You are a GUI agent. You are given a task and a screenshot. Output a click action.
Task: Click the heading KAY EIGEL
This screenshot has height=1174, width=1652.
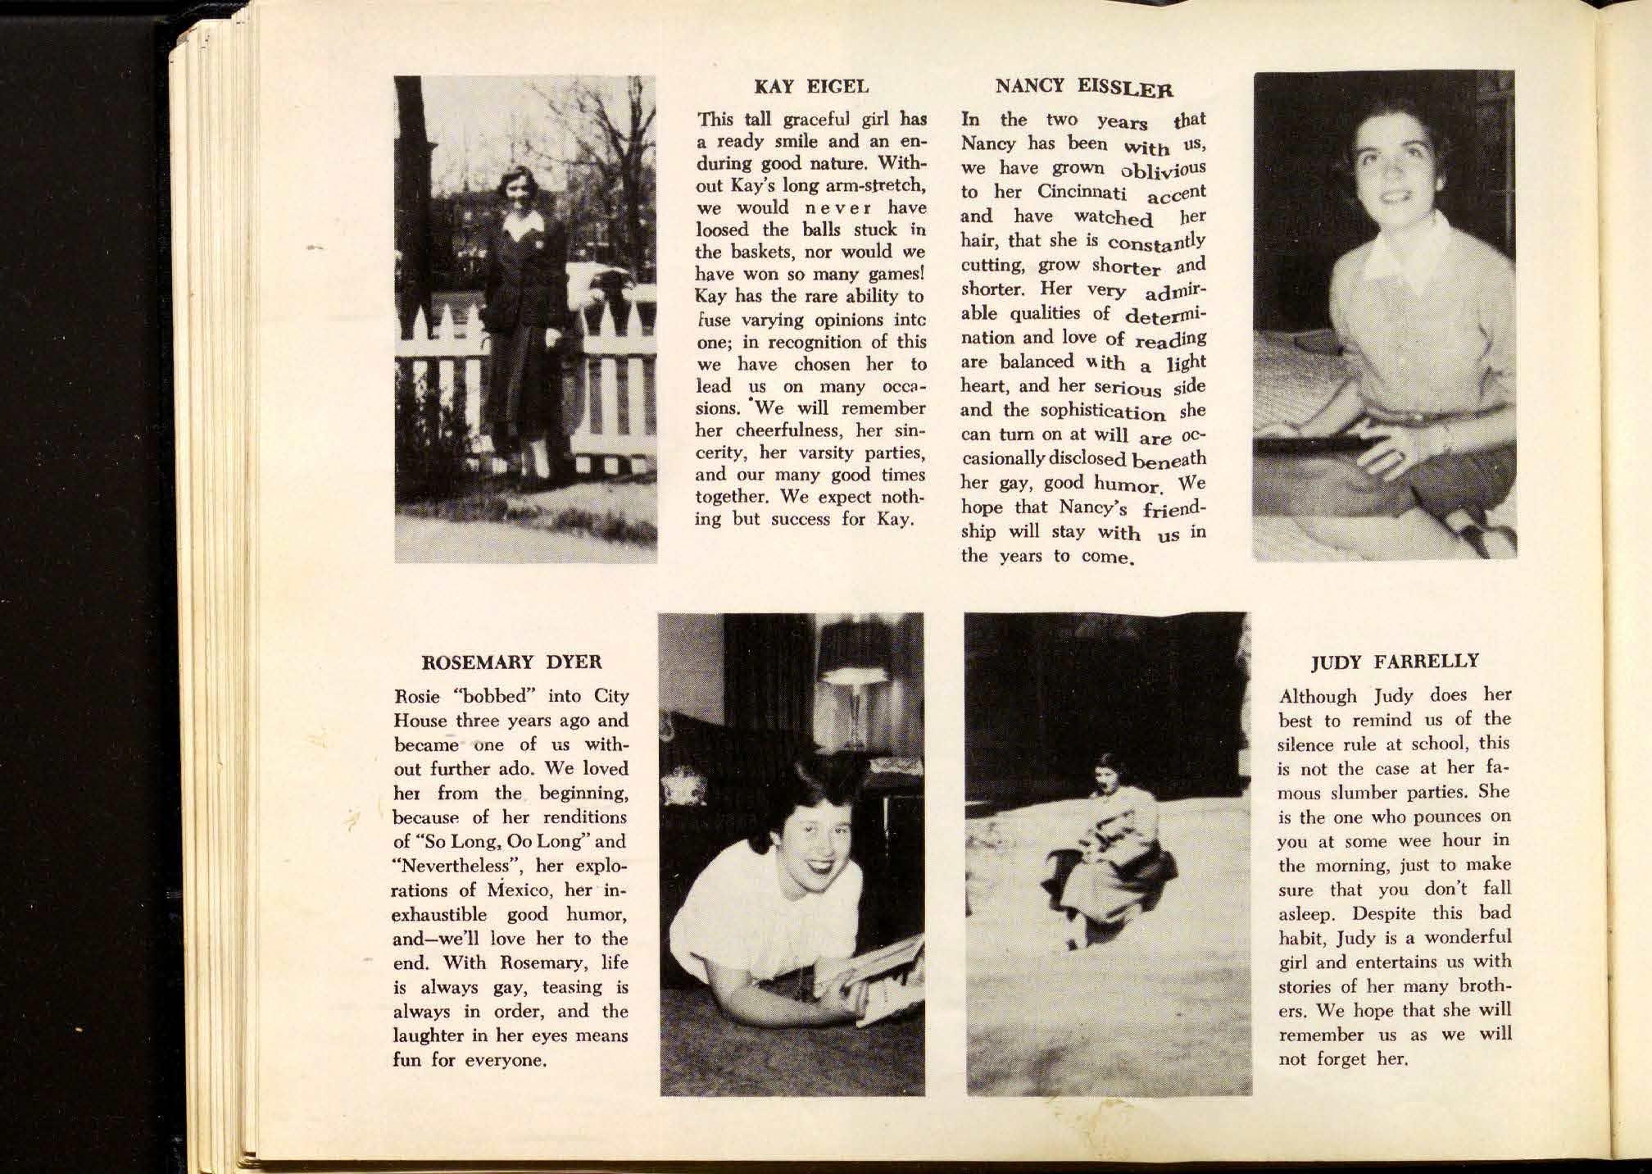(810, 85)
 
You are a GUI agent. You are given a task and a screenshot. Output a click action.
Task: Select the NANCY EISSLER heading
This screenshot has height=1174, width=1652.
(1083, 86)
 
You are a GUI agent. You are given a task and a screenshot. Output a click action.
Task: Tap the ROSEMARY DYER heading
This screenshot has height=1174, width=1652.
(511, 662)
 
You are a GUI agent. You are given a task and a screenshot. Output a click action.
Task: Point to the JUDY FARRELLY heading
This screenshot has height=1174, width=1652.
(1395, 662)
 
